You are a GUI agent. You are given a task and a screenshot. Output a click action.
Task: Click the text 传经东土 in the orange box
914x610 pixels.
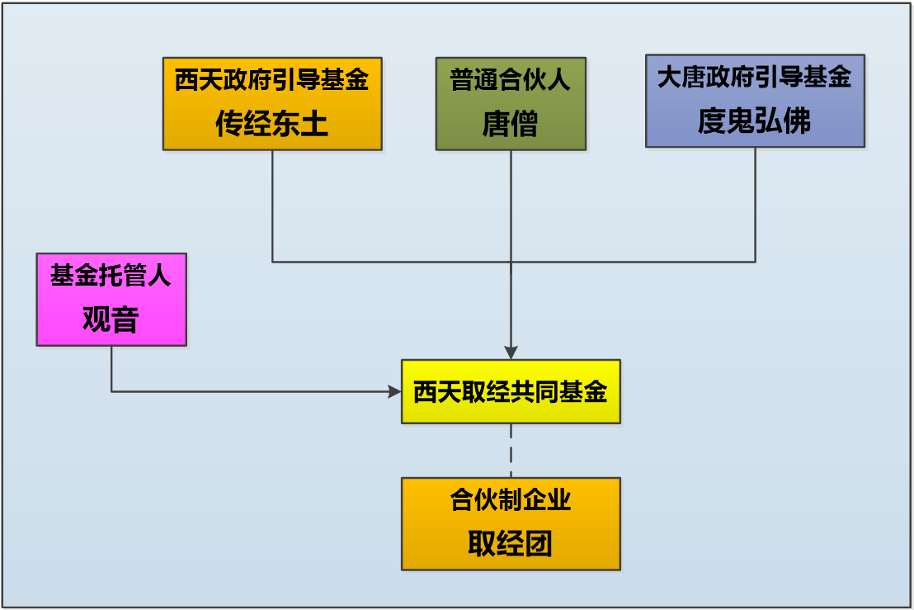pyautogui.click(x=271, y=123)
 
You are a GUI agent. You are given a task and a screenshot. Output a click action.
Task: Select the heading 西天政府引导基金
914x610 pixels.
pyautogui.click(x=271, y=79)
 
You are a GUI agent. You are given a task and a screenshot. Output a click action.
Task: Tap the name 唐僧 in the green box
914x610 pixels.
pyautogui.click(x=511, y=124)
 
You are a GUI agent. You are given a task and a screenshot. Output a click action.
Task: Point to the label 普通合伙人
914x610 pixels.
pyautogui.click(x=510, y=79)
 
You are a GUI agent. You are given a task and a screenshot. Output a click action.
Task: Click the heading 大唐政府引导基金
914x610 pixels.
pyautogui.click(x=754, y=77)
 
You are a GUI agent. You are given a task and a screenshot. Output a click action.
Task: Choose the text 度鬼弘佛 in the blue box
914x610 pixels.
pyautogui.click(x=754, y=121)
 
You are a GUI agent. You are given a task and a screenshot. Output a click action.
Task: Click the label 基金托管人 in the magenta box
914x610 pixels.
pyautogui.click(x=111, y=275)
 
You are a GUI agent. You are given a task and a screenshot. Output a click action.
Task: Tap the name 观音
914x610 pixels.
pyautogui.click(x=111, y=319)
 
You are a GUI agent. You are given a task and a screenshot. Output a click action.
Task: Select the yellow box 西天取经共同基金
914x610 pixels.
pyautogui.click(x=511, y=391)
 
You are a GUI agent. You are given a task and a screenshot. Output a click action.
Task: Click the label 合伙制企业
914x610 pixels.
pyautogui.click(x=510, y=499)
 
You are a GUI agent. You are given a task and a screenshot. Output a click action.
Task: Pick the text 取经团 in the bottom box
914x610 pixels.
pyautogui.click(x=510, y=543)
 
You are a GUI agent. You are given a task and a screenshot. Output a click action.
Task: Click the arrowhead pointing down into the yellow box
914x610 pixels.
pyautogui.click(x=511, y=352)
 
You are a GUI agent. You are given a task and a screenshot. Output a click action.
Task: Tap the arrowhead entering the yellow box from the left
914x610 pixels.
pyautogui.click(x=394, y=391)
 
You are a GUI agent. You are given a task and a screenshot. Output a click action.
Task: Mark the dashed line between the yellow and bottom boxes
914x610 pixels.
pyautogui.click(x=511, y=451)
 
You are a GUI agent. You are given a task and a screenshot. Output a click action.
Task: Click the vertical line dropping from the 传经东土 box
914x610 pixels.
pyautogui.click(x=272, y=206)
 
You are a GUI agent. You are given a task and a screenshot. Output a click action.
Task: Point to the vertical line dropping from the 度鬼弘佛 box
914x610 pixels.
pyautogui.click(x=756, y=205)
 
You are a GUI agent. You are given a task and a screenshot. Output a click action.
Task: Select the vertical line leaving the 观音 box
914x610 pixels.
pyautogui.click(x=111, y=369)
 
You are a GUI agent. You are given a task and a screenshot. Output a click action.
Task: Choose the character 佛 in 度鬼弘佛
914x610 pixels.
pyautogui.click(x=798, y=121)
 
